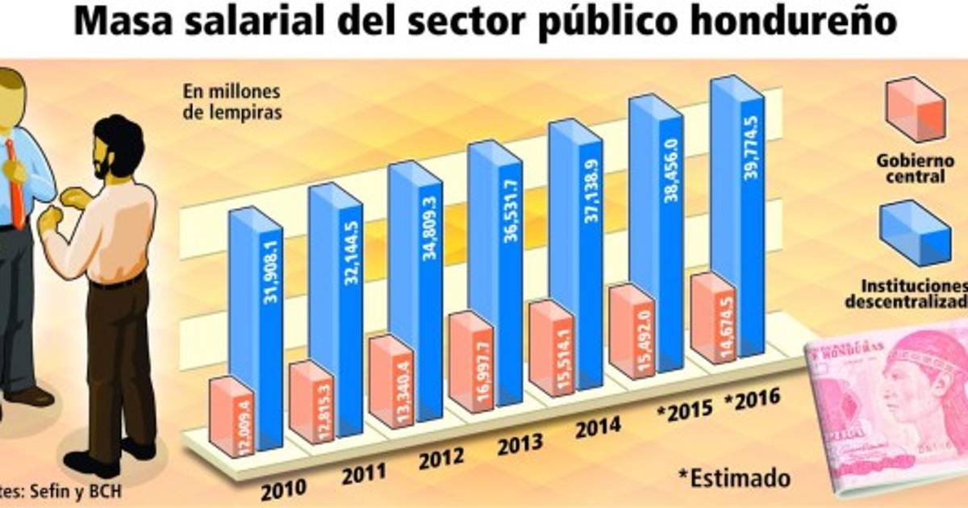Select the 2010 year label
tap(282, 488)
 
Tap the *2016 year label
tap(752, 398)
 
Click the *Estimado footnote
tap(734, 477)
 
